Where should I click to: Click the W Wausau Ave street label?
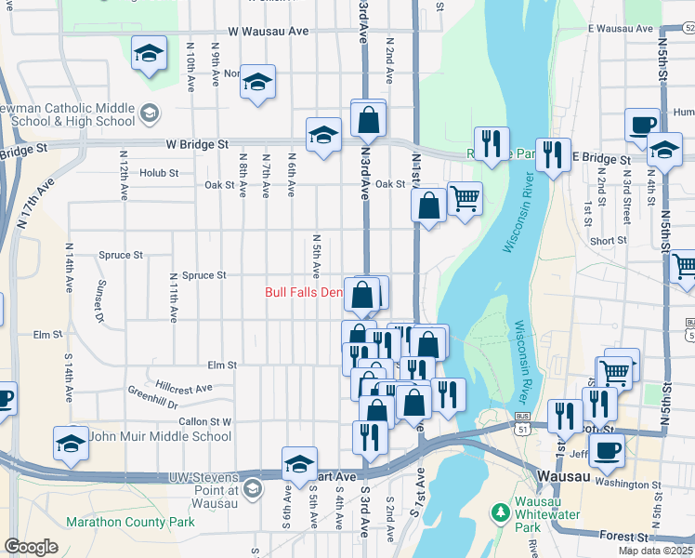[x=268, y=31]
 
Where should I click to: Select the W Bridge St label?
[x=197, y=145]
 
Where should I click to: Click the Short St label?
[x=608, y=241]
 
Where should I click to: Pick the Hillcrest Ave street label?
[x=184, y=386]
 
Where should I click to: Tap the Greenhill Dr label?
[x=152, y=396]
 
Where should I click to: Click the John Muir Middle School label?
[x=160, y=436]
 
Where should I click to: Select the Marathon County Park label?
[x=130, y=522]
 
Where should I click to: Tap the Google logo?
[x=31, y=547]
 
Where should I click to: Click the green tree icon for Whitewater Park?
[x=502, y=511]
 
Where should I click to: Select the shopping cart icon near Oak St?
[x=465, y=197]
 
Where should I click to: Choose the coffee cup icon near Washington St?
[x=607, y=451]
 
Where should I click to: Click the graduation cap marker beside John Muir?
[x=72, y=443]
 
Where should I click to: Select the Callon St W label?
[x=204, y=421]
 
